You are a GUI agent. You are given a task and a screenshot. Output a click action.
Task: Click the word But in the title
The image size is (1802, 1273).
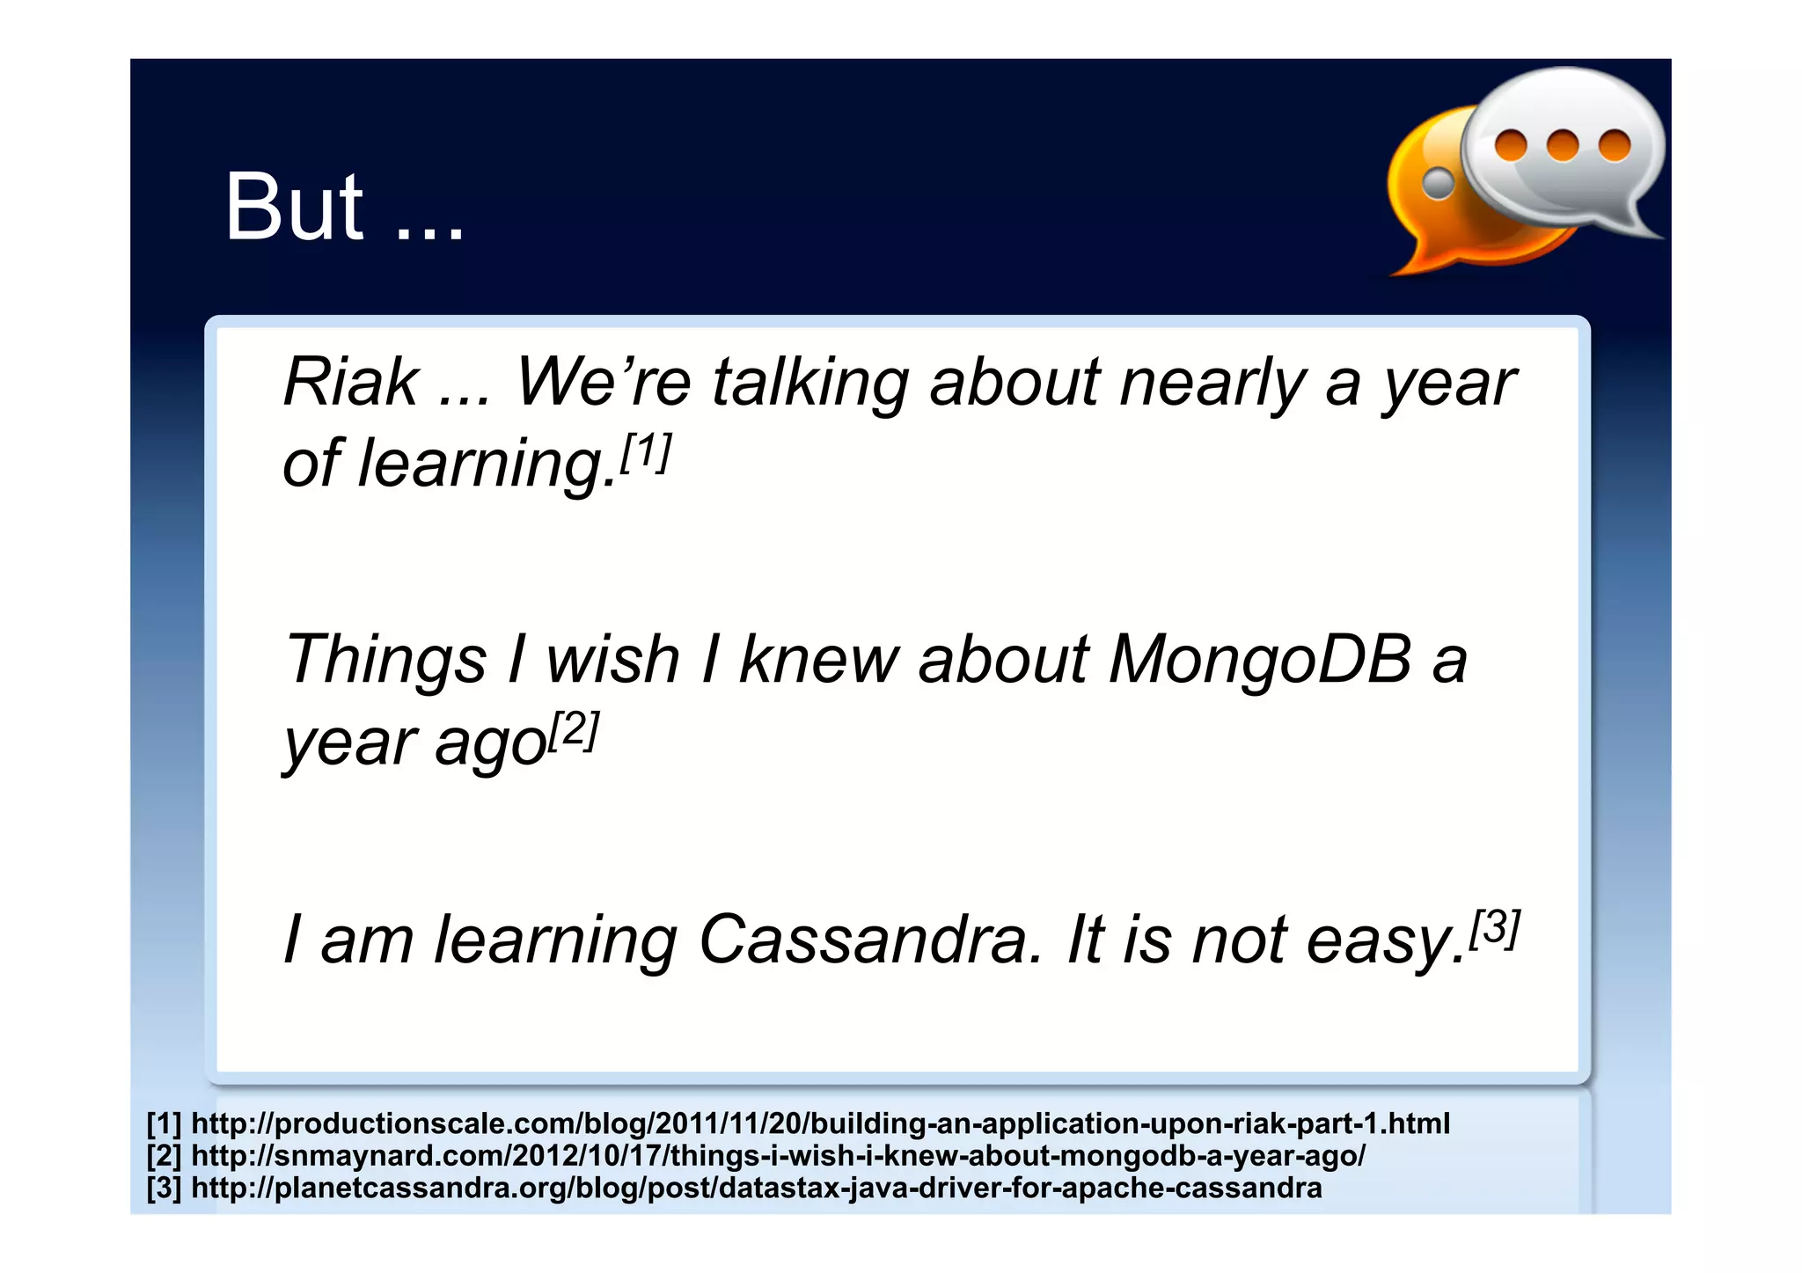293,208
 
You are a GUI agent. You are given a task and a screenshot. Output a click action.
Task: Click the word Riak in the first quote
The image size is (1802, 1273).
350,384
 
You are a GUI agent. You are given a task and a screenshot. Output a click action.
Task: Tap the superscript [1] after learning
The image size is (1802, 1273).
646,452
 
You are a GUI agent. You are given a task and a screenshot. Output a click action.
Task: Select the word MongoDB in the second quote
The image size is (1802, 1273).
1259,659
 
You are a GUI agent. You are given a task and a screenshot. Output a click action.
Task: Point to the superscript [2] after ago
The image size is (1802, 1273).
574,729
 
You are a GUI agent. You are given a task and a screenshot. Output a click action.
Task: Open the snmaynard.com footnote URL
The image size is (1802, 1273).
778,1155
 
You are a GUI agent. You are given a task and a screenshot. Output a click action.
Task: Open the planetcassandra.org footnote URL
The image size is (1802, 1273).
756,1188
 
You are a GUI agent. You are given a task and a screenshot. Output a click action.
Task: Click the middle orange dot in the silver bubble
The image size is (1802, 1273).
1563,145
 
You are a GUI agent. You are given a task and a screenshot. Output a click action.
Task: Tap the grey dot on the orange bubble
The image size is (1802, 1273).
1439,183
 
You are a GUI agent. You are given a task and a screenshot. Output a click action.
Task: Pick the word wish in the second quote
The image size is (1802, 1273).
612,659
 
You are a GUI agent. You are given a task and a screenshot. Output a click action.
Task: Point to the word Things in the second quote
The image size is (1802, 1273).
385,659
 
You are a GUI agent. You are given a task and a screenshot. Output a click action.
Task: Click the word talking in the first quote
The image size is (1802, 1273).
810,384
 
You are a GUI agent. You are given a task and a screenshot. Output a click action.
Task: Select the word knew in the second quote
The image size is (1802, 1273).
818,659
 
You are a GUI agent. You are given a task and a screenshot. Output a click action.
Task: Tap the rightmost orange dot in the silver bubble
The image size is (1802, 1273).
1615,145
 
